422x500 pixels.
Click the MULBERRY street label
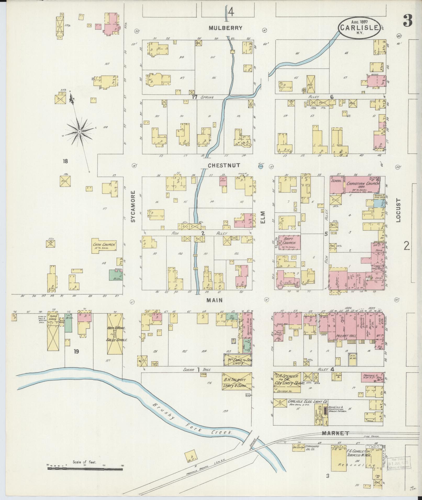coord(226,28)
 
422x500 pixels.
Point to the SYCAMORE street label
coord(133,206)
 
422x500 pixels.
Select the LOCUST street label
coord(398,210)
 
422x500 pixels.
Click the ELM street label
coord(263,217)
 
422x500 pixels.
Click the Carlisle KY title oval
coord(359,27)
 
